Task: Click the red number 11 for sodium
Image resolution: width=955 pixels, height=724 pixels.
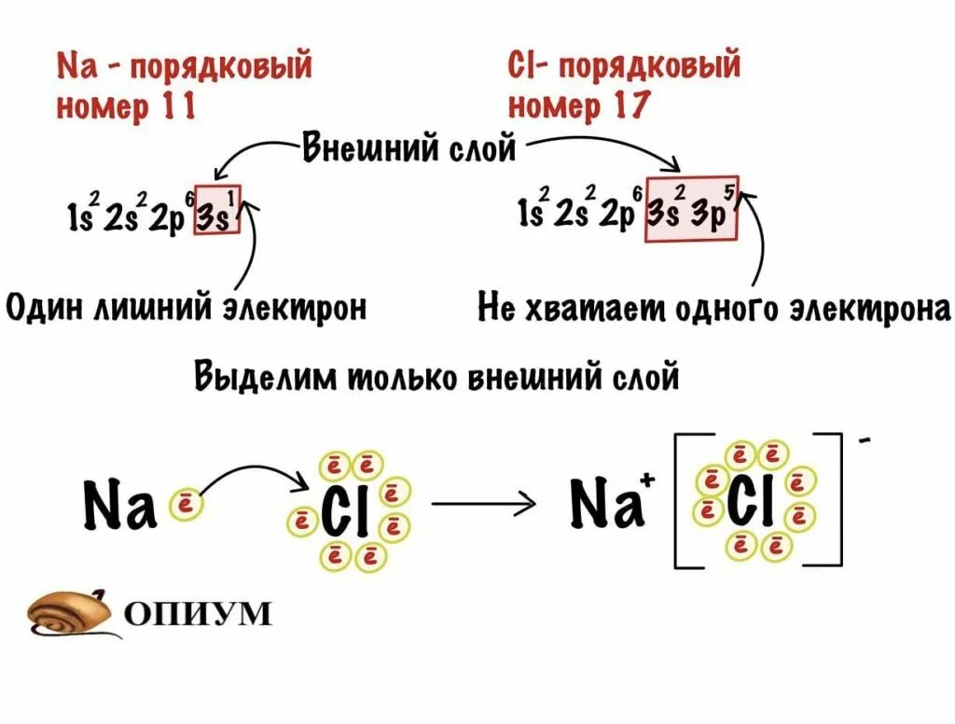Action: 176,107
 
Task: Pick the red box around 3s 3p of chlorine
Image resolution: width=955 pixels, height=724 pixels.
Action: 692,209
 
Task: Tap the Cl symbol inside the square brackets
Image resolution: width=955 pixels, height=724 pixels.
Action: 754,503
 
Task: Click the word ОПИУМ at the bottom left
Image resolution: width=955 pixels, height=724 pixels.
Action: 196,613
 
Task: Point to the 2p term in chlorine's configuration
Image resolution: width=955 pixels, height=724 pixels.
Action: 616,215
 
